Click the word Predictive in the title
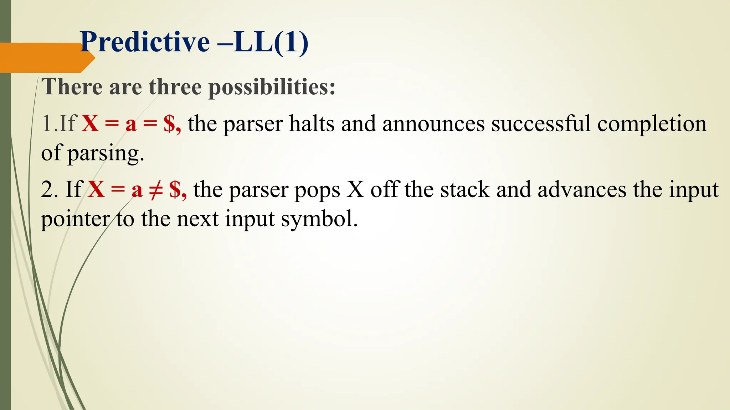pyautogui.click(x=145, y=42)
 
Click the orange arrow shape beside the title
pyautogui.click(x=43, y=58)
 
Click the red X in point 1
pyautogui.click(x=90, y=124)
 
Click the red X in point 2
pyautogui.click(x=96, y=189)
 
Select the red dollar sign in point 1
pyautogui.click(x=169, y=124)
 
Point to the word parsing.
pyautogui.click(x=106, y=154)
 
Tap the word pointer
pyautogui.click(x=75, y=219)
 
